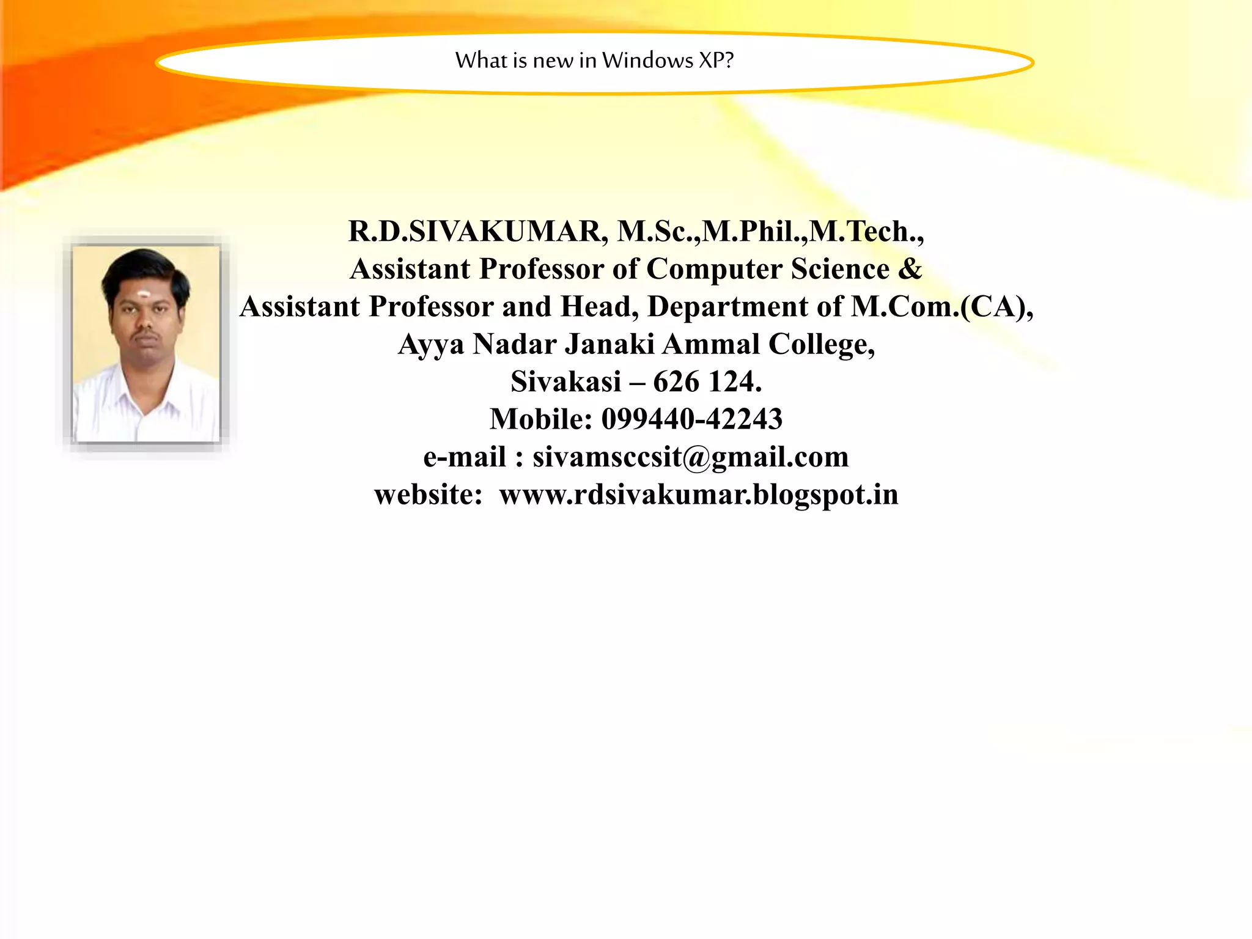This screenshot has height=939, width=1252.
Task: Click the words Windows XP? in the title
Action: (668, 61)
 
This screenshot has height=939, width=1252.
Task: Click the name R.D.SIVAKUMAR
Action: (477, 232)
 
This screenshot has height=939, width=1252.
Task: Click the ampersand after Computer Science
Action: (910, 269)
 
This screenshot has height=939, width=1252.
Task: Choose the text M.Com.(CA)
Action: (941, 307)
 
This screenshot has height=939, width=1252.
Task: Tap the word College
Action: (821, 345)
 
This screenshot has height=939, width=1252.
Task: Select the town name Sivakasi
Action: (565, 382)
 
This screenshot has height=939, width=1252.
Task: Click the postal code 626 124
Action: (707, 382)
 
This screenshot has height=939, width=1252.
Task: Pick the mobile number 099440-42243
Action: (691, 419)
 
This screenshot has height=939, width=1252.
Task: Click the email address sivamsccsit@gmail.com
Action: (691, 457)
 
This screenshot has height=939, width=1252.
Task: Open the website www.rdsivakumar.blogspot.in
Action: (699, 495)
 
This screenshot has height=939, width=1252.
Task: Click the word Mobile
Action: (541, 419)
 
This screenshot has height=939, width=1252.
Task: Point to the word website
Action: (429, 495)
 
